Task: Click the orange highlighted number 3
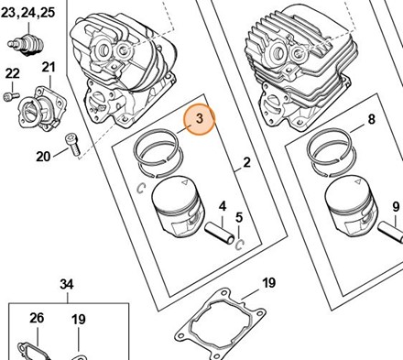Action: (200, 118)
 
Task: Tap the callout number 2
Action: (247, 162)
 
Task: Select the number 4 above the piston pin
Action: (223, 206)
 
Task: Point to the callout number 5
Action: (239, 218)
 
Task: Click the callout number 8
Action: (371, 119)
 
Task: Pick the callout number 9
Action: (396, 207)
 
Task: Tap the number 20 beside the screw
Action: (43, 157)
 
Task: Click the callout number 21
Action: (49, 67)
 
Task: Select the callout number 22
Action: (13, 73)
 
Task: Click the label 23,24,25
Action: (27, 13)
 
